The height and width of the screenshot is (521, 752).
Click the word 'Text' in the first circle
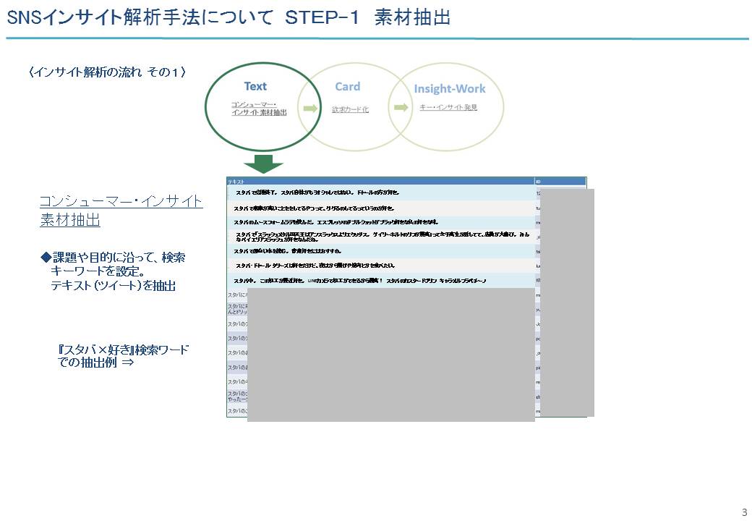pyautogui.click(x=255, y=87)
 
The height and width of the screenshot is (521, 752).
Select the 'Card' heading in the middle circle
pyautogui.click(x=347, y=87)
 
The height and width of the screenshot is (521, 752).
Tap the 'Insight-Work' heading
pyautogui.click(x=449, y=89)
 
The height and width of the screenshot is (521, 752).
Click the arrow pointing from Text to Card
pyautogui.click(x=310, y=109)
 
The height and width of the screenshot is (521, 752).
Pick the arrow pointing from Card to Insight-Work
pyautogui.click(x=400, y=109)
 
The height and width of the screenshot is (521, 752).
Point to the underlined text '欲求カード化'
pyautogui.click(x=350, y=109)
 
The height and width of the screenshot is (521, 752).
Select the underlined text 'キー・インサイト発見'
pyautogui.click(x=448, y=107)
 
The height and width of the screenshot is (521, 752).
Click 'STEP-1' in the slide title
pyautogui.click(x=322, y=18)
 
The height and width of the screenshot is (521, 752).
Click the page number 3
pyautogui.click(x=744, y=512)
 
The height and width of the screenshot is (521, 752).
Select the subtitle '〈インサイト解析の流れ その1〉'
pyautogui.click(x=108, y=72)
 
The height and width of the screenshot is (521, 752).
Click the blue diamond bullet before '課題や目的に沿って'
pyautogui.click(x=46, y=258)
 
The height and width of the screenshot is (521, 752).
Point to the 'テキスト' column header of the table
pyautogui.click(x=236, y=182)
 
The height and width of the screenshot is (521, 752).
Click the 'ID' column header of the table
pyautogui.click(x=538, y=182)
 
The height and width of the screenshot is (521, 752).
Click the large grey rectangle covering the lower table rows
pyautogui.click(x=390, y=355)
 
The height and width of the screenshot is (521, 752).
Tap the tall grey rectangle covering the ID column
pyautogui.click(x=567, y=302)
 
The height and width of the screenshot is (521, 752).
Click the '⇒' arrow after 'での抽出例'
pyautogui.click(x=127, y=363)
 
